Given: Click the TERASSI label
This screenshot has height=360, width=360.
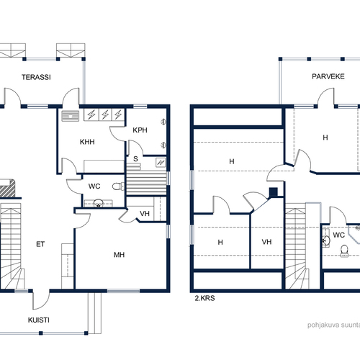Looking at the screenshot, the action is point(36,77).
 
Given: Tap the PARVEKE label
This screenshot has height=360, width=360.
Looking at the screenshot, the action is point(328,76).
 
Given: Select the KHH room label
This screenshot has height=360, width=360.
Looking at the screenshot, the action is point(87,142).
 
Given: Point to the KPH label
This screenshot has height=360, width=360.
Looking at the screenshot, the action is point(140,130).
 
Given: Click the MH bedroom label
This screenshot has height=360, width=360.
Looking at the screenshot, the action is point(120,255).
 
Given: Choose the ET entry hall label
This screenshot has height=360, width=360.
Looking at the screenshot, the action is point(40,244).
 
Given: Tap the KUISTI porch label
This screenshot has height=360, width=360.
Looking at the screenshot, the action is point(39,320).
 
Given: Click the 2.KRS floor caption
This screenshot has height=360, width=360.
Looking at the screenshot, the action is point(204,298).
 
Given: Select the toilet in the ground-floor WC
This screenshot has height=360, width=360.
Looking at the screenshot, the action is point(118,186).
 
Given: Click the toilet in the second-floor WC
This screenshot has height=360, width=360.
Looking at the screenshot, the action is point(344,251).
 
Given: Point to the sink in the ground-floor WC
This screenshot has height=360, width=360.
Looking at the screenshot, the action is point(98,203).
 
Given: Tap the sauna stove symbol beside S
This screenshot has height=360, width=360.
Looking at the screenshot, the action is point(161,163).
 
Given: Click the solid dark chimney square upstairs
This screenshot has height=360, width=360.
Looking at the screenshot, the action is point(274,192).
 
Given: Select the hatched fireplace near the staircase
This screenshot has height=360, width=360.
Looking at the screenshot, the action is point(6,189).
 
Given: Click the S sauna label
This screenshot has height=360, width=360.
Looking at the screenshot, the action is point(135,158).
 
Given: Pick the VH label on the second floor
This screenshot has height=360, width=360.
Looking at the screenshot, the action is point(266,242).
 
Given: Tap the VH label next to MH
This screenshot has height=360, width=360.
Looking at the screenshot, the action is point(145,213).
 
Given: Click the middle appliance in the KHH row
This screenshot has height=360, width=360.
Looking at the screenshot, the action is point(104,114).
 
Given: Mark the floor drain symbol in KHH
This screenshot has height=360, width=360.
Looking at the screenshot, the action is point(71,116).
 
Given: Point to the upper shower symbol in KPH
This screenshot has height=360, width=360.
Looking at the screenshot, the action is point(163,122).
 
